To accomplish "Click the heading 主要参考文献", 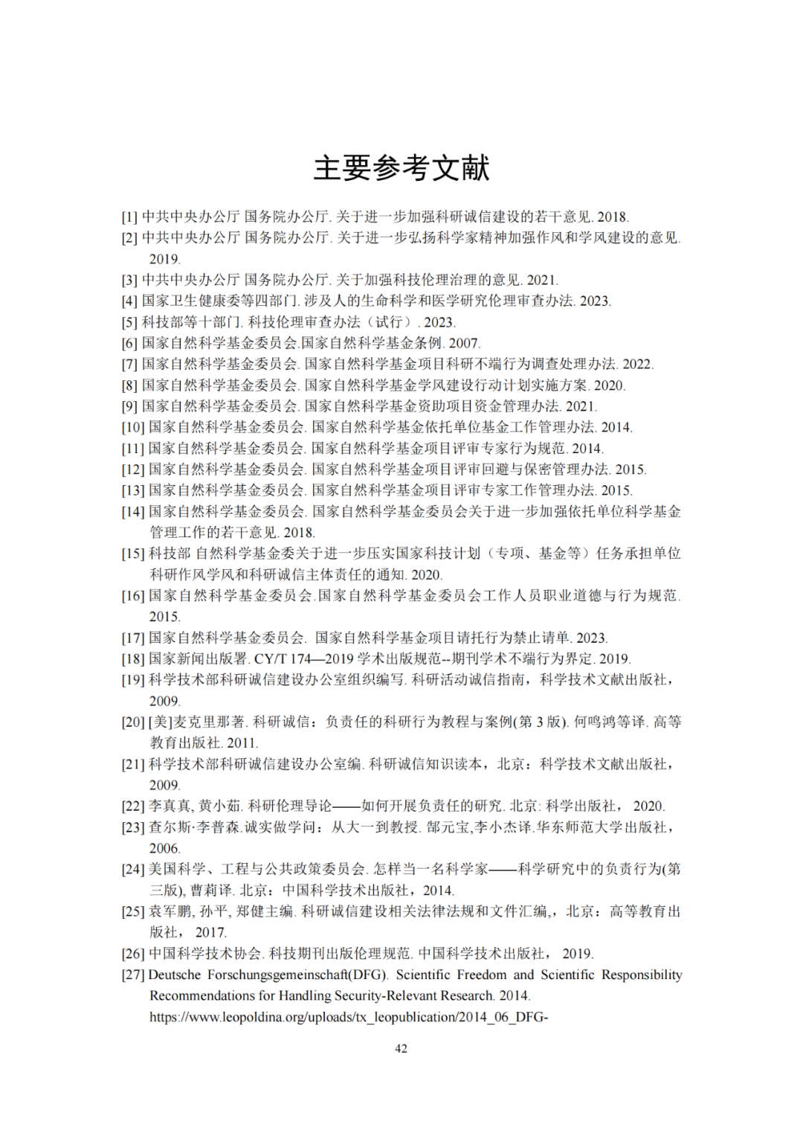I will click(x=401, y=168).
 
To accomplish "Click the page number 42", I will click(x=401, y=1048).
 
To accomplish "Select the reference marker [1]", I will click(x=129, y=217).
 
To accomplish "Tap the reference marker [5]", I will click(x=129, y=322).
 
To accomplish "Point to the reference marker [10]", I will click(x=133, y=428).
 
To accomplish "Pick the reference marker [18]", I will click(x=133, y=659).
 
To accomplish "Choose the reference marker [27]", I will click(x=133, y=975).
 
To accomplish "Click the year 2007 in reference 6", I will click(x=464, y=343).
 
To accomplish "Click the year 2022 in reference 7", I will click(x=637, y=365).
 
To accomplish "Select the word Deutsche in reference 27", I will click(x=175, y=975).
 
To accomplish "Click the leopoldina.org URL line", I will click(x=348, y=1017).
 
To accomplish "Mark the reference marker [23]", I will click(x=133, y=827).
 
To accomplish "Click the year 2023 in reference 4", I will click(x=595, y=301).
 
